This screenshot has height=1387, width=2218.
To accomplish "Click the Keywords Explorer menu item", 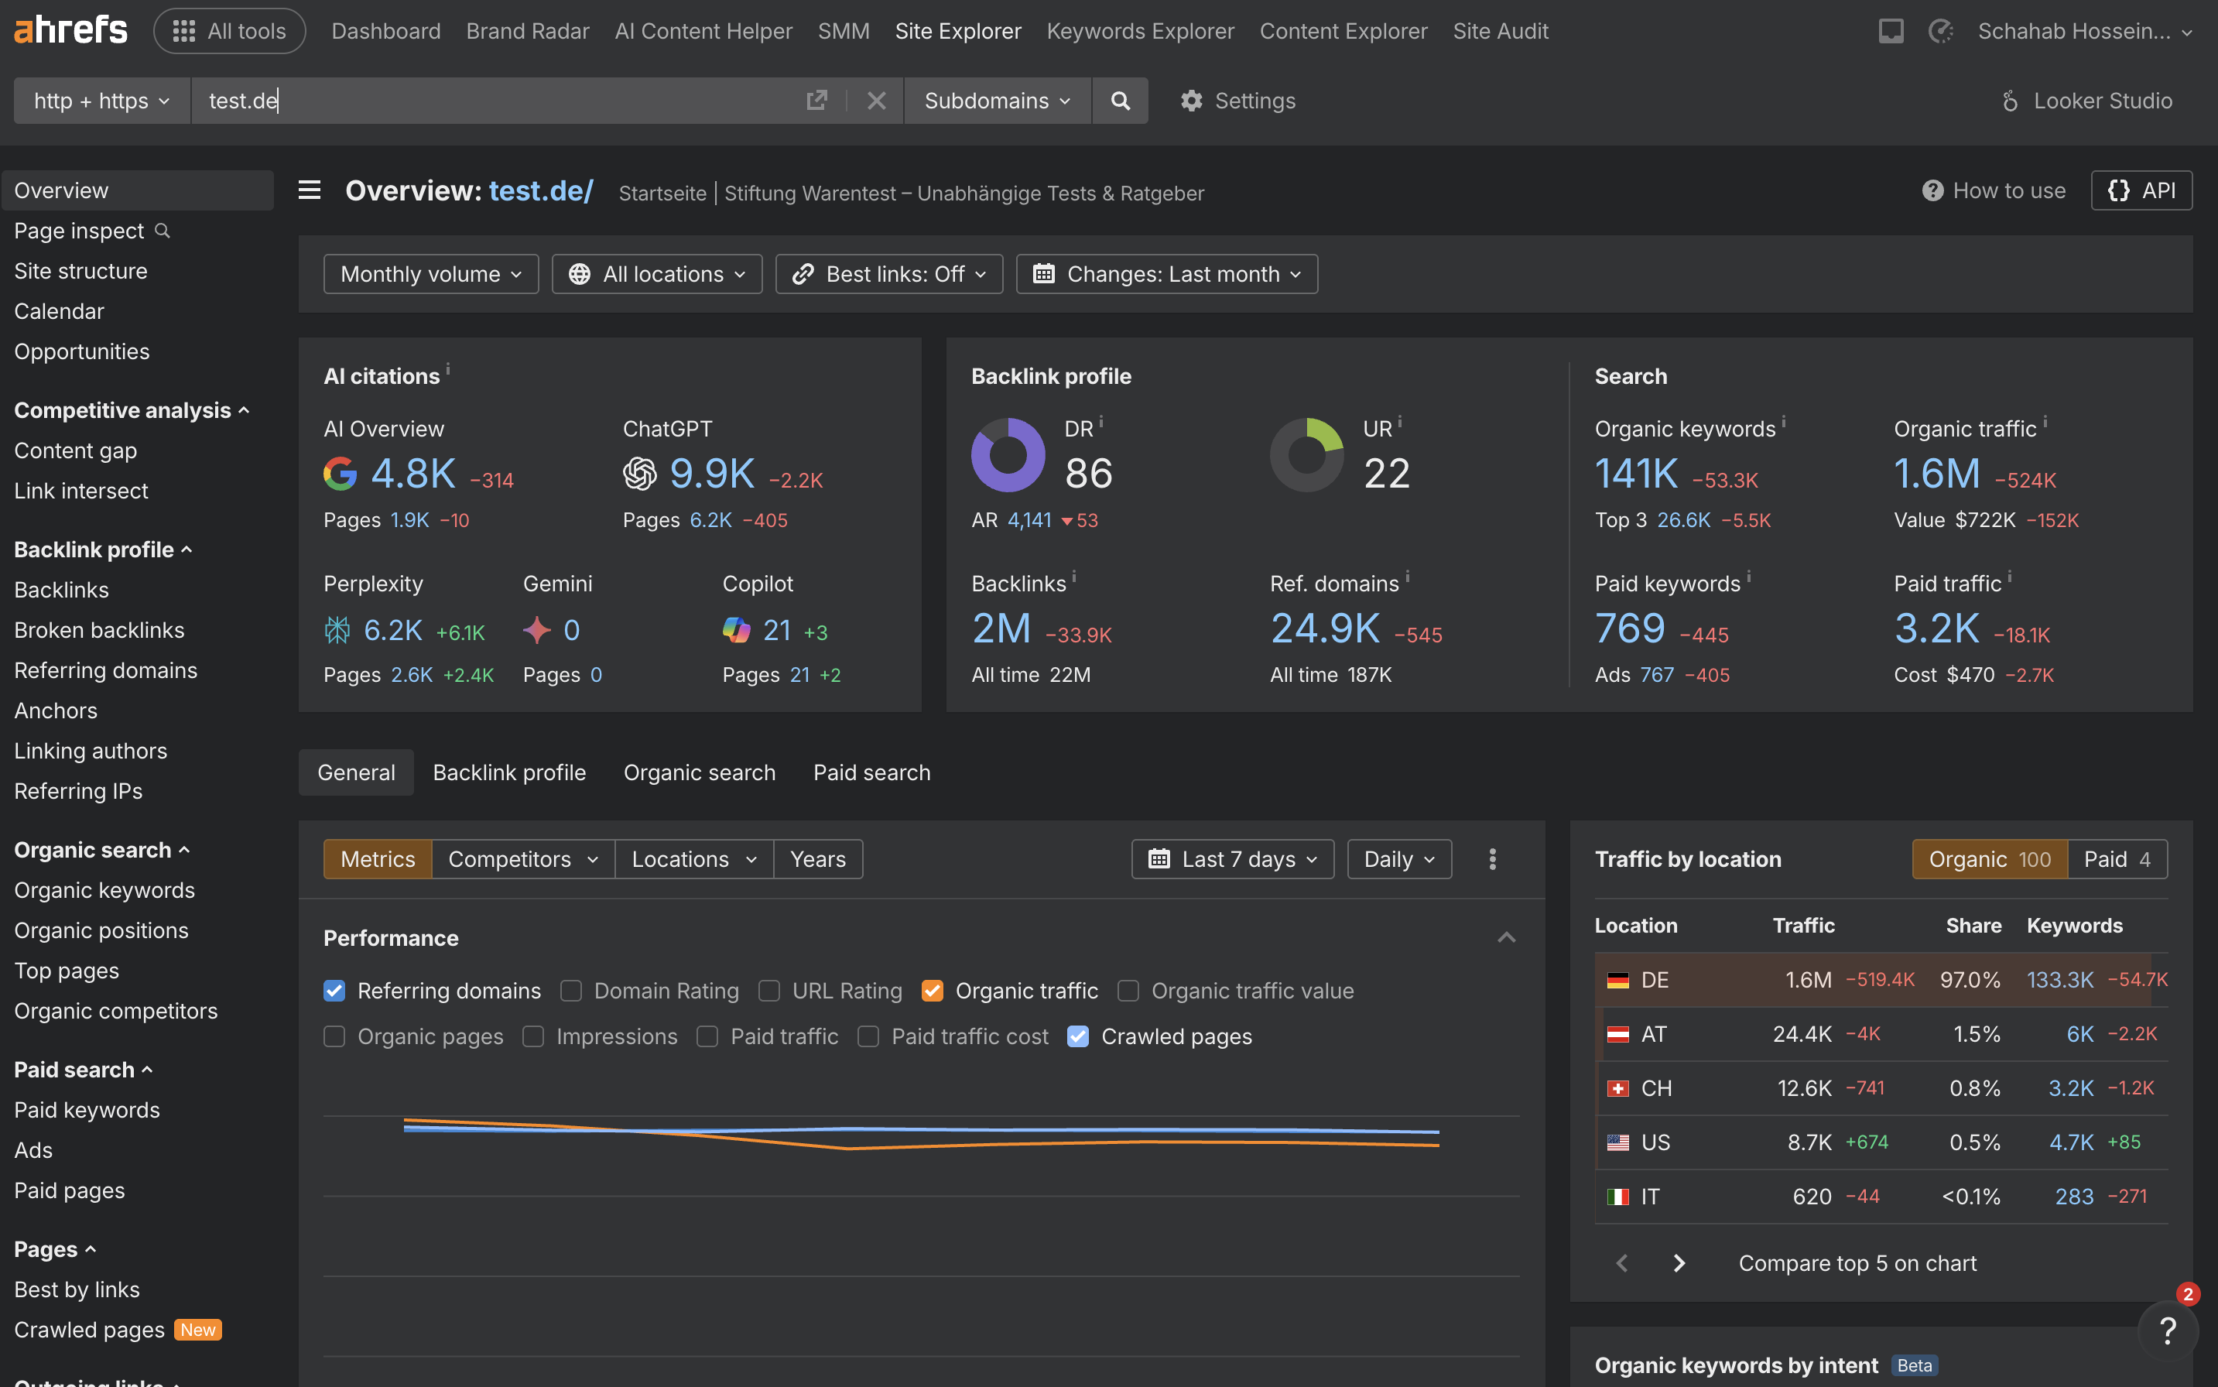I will tap(1139, 31).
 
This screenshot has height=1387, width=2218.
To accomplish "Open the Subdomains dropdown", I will tap(996, 101).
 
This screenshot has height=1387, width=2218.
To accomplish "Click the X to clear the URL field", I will tap(876, 101).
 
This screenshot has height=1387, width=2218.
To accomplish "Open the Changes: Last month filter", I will tap(1165, 274).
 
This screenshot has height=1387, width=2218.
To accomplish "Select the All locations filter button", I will tap(657, 274).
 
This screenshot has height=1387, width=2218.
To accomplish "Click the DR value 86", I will tap(1088, 474).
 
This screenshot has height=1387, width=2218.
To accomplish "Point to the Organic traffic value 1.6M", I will tap(1936, 474).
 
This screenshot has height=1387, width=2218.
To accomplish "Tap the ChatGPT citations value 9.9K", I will tap(712, 474).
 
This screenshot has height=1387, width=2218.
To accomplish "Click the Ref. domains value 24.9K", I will tap(1325, 628).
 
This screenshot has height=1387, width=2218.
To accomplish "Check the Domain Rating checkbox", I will tap(571, 991).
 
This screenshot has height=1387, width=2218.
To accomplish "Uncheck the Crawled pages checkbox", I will tap(1078, 1036).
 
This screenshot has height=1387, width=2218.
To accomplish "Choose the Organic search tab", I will tap(699, 772).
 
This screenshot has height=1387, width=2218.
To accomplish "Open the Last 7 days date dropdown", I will tap(1232, 860).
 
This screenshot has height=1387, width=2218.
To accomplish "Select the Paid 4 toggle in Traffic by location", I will tap(2116, 860).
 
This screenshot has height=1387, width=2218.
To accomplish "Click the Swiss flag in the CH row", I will tap(1618, 1089).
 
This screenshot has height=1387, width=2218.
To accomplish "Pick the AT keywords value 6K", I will tap(2079, 1034).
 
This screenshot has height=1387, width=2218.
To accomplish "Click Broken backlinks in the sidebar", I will tap(99, 630).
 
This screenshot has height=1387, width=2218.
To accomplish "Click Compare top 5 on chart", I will tap(1857, 1263).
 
